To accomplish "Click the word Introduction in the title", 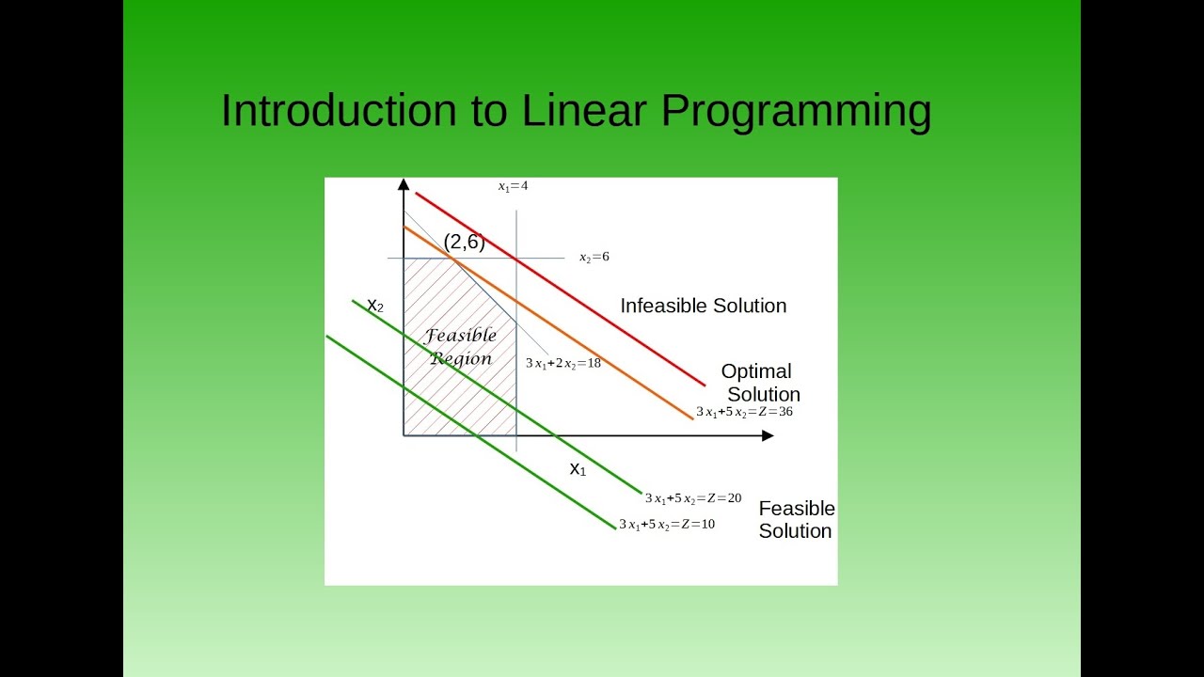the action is coord(339,110).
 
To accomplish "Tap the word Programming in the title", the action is coord(796,112).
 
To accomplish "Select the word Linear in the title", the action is coord(584,110).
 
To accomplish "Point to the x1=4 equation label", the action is coord(513,186).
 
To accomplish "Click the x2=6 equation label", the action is coord(594,257).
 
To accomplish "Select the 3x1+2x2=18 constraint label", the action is coord(563,363).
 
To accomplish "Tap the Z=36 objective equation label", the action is coord(744,412).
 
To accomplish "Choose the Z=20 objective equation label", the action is coord(693,498).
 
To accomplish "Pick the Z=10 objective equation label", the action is coord(667,524).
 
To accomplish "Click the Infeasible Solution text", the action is coord(703,306).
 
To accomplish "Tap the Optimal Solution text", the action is coord(760,383).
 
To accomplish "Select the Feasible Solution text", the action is coord(797,520).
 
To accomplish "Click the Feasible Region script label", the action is coord(461,347).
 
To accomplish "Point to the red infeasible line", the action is coord(560,289).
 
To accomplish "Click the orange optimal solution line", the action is coord(548,323).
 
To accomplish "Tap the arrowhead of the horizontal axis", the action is coord(768,435).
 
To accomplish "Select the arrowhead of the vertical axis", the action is coord(404,184).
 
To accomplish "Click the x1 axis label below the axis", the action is coord(578,469).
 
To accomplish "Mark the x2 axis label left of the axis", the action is coord(375,306).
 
